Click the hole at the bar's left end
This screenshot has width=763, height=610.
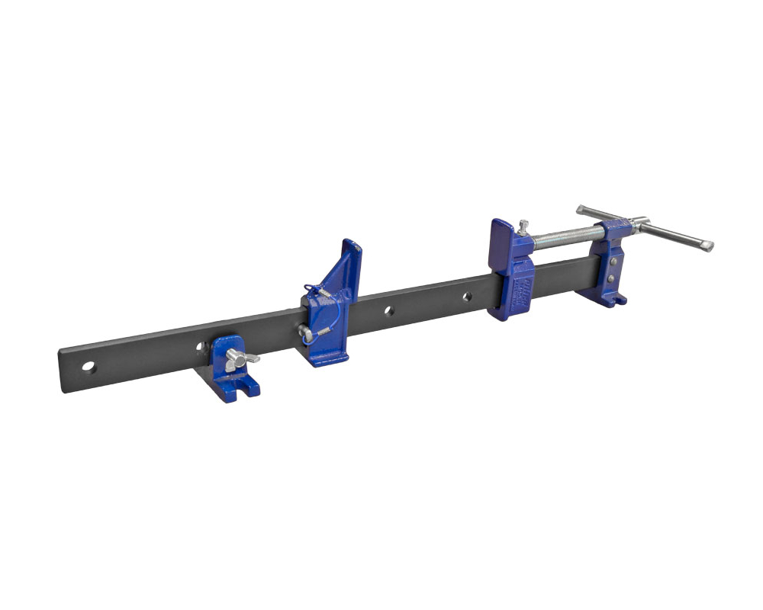(89, 367)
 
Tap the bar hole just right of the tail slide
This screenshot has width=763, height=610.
(388, 310)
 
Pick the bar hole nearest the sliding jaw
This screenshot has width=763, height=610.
(467, 296)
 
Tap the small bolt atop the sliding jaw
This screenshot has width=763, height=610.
(523, 226)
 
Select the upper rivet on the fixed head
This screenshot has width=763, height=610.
(613, 261)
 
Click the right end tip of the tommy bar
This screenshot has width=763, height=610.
(707, 246)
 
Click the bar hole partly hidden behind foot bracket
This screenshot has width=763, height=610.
(201, 347)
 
